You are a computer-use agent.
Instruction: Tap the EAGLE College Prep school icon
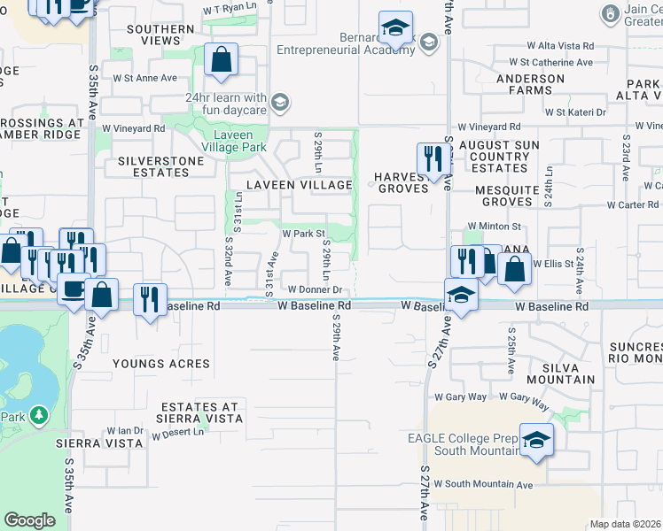tap(535, 442)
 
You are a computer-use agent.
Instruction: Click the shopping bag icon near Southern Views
tap(221, 61)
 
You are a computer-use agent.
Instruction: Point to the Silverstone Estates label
tap(154, 167)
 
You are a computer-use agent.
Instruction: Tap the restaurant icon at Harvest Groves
tap(433, 160)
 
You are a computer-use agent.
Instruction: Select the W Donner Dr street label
tap(315, 289)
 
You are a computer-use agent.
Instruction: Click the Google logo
tap(29, 520)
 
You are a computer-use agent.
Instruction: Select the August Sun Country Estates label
tap(495, 156)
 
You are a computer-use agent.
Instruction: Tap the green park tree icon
tap(38, 414)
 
